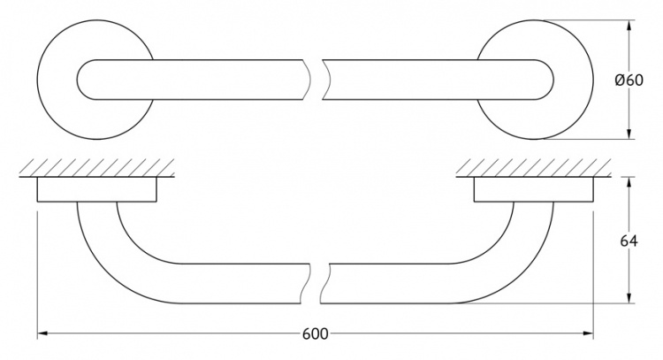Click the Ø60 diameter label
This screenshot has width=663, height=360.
pos(629,80)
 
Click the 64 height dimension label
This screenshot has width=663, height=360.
pos(629,241)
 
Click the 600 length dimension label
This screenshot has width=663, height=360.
pos(315,334)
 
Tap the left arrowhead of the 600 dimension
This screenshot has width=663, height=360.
pos(42,333)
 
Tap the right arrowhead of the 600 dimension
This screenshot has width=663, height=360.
pos(589,333)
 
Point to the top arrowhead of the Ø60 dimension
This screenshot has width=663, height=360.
pos(629,25)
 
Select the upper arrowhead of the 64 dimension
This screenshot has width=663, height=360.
pos(629,182)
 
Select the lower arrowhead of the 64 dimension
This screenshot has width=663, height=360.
pos(629,298)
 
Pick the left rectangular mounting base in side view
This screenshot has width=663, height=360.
pos(97,189)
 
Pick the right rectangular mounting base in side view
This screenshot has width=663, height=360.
pos(534,189)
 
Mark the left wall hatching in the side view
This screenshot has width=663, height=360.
pos(97,167)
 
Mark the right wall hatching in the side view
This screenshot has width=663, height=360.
pos(533,167)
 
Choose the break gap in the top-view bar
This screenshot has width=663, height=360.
pos(316,80)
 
